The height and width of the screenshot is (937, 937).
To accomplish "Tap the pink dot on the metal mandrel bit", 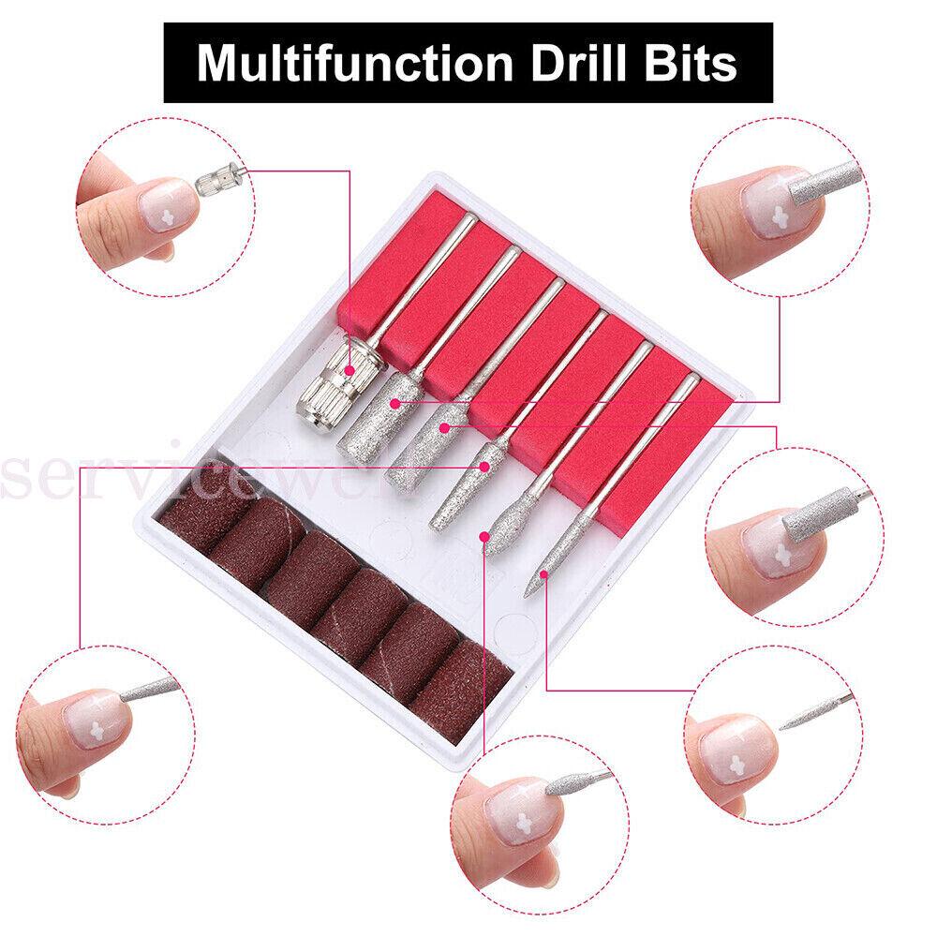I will point(349,370).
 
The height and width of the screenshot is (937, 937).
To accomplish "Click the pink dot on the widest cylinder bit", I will point(397,403).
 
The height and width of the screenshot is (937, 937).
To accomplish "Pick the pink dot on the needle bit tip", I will point(543,571).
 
